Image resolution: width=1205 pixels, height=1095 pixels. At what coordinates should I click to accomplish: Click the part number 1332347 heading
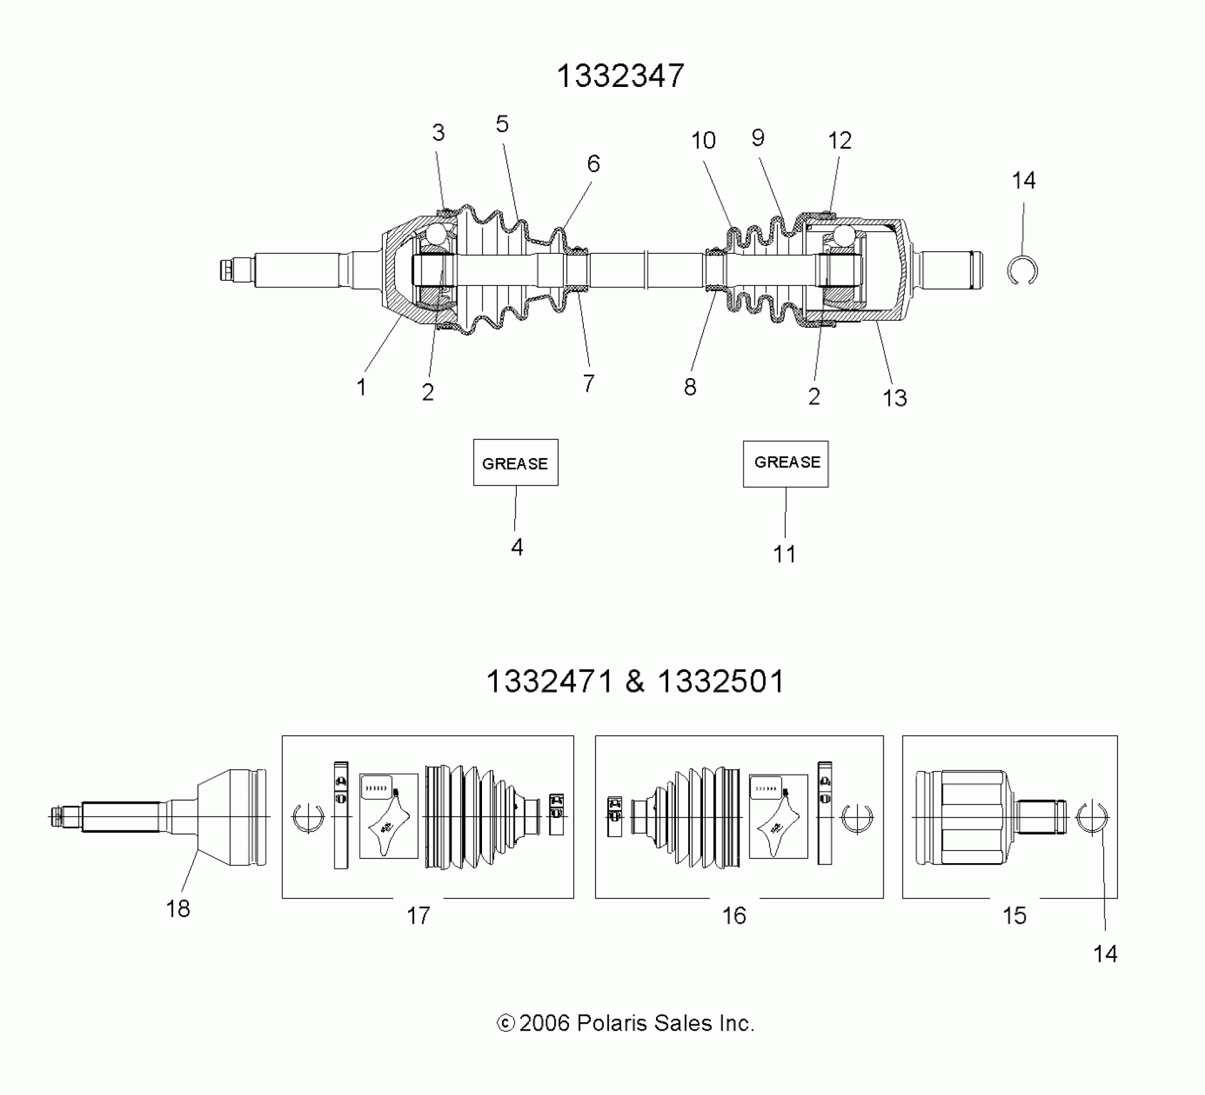pos(620,76)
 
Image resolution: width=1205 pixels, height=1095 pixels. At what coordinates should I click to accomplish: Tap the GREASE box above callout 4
pos(516,462)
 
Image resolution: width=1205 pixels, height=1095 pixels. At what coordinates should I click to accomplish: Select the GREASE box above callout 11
pos(786,464)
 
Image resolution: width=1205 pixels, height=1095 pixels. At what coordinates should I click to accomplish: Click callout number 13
pos(894,398)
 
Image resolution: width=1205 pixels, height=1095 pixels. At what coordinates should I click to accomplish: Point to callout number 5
pos(502,124)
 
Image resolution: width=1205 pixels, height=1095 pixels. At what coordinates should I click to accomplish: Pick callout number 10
pos(703,140)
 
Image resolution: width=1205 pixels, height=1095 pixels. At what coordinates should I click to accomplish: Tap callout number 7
pos(588,383)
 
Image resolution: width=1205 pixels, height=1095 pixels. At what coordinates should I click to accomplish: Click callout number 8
pos(690,386)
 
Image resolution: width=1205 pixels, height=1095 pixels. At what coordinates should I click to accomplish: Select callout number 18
pos(178,909)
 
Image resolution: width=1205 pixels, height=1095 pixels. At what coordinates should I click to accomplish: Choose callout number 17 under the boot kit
pos(418,915)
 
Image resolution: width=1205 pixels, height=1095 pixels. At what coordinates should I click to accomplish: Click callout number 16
pos(734,915)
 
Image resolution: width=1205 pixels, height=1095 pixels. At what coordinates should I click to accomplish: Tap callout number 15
pos(1014,915)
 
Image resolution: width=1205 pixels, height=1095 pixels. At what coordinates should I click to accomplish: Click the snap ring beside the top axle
pos(1022,271)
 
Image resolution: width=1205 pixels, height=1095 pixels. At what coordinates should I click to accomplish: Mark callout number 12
pos(840,140)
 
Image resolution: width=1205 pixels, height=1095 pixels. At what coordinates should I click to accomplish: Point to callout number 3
pos(438,133)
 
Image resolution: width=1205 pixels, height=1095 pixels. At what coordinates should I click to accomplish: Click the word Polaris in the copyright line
pos(612,1023)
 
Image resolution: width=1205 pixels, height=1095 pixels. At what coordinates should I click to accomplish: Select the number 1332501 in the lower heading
pos(720,681)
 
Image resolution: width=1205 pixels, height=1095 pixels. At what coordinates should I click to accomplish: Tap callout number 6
pos(593,164)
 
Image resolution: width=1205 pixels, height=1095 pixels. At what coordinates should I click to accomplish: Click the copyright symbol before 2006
pos(506,1024)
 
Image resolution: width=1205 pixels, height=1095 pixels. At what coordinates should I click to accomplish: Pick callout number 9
pos(758,137)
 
